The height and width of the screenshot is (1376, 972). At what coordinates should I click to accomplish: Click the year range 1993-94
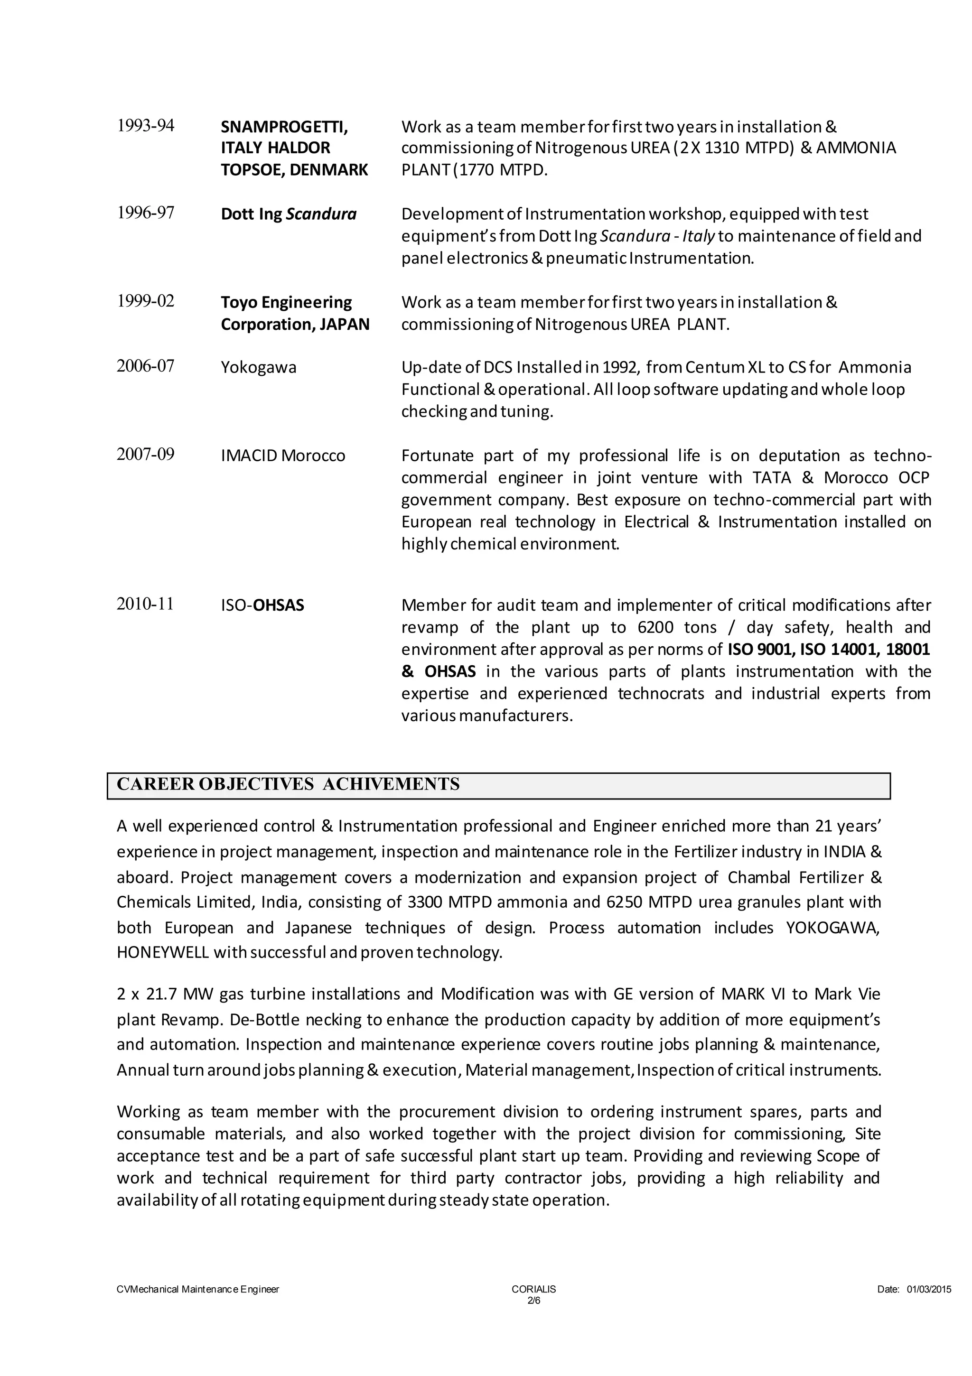[145, 126]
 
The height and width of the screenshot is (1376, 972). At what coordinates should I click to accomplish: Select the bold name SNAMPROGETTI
[284, 127]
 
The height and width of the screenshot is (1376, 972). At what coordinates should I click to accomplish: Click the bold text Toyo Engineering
[286, 302]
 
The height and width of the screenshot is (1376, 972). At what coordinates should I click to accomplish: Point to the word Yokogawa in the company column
[259, 367]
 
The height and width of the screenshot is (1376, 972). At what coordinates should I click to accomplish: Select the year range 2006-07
[145, 365]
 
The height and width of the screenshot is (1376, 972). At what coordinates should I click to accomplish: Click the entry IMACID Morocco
[283, 456]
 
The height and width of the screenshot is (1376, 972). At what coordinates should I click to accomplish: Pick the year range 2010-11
[145, 604]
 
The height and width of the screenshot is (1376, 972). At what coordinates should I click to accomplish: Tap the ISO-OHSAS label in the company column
[262, 605]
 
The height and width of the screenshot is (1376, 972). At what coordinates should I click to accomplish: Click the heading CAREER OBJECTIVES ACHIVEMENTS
[288, 784]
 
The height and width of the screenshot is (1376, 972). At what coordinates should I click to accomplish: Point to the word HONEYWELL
[162, 952]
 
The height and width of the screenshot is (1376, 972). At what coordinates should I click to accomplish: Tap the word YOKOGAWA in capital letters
[832, 928]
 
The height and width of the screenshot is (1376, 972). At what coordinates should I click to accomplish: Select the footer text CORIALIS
[533, 1289]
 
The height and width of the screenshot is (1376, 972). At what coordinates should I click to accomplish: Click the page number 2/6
[533, 1301]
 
